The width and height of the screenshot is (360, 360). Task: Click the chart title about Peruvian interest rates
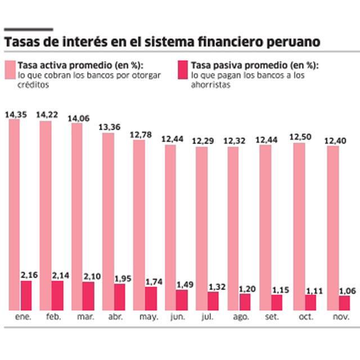[162, 42]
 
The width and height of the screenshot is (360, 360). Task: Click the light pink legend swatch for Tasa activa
[10, 70]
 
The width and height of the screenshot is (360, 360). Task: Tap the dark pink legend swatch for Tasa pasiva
[183, 70]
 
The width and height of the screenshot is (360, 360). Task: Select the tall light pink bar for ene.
[14, 214]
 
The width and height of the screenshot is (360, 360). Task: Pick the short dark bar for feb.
[57, 295]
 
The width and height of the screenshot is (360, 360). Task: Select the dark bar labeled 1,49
[182, 299]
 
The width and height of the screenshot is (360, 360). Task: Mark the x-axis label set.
[263, 318]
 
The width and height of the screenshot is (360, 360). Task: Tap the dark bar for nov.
[344, 303]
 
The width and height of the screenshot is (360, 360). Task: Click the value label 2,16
[29, 274]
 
